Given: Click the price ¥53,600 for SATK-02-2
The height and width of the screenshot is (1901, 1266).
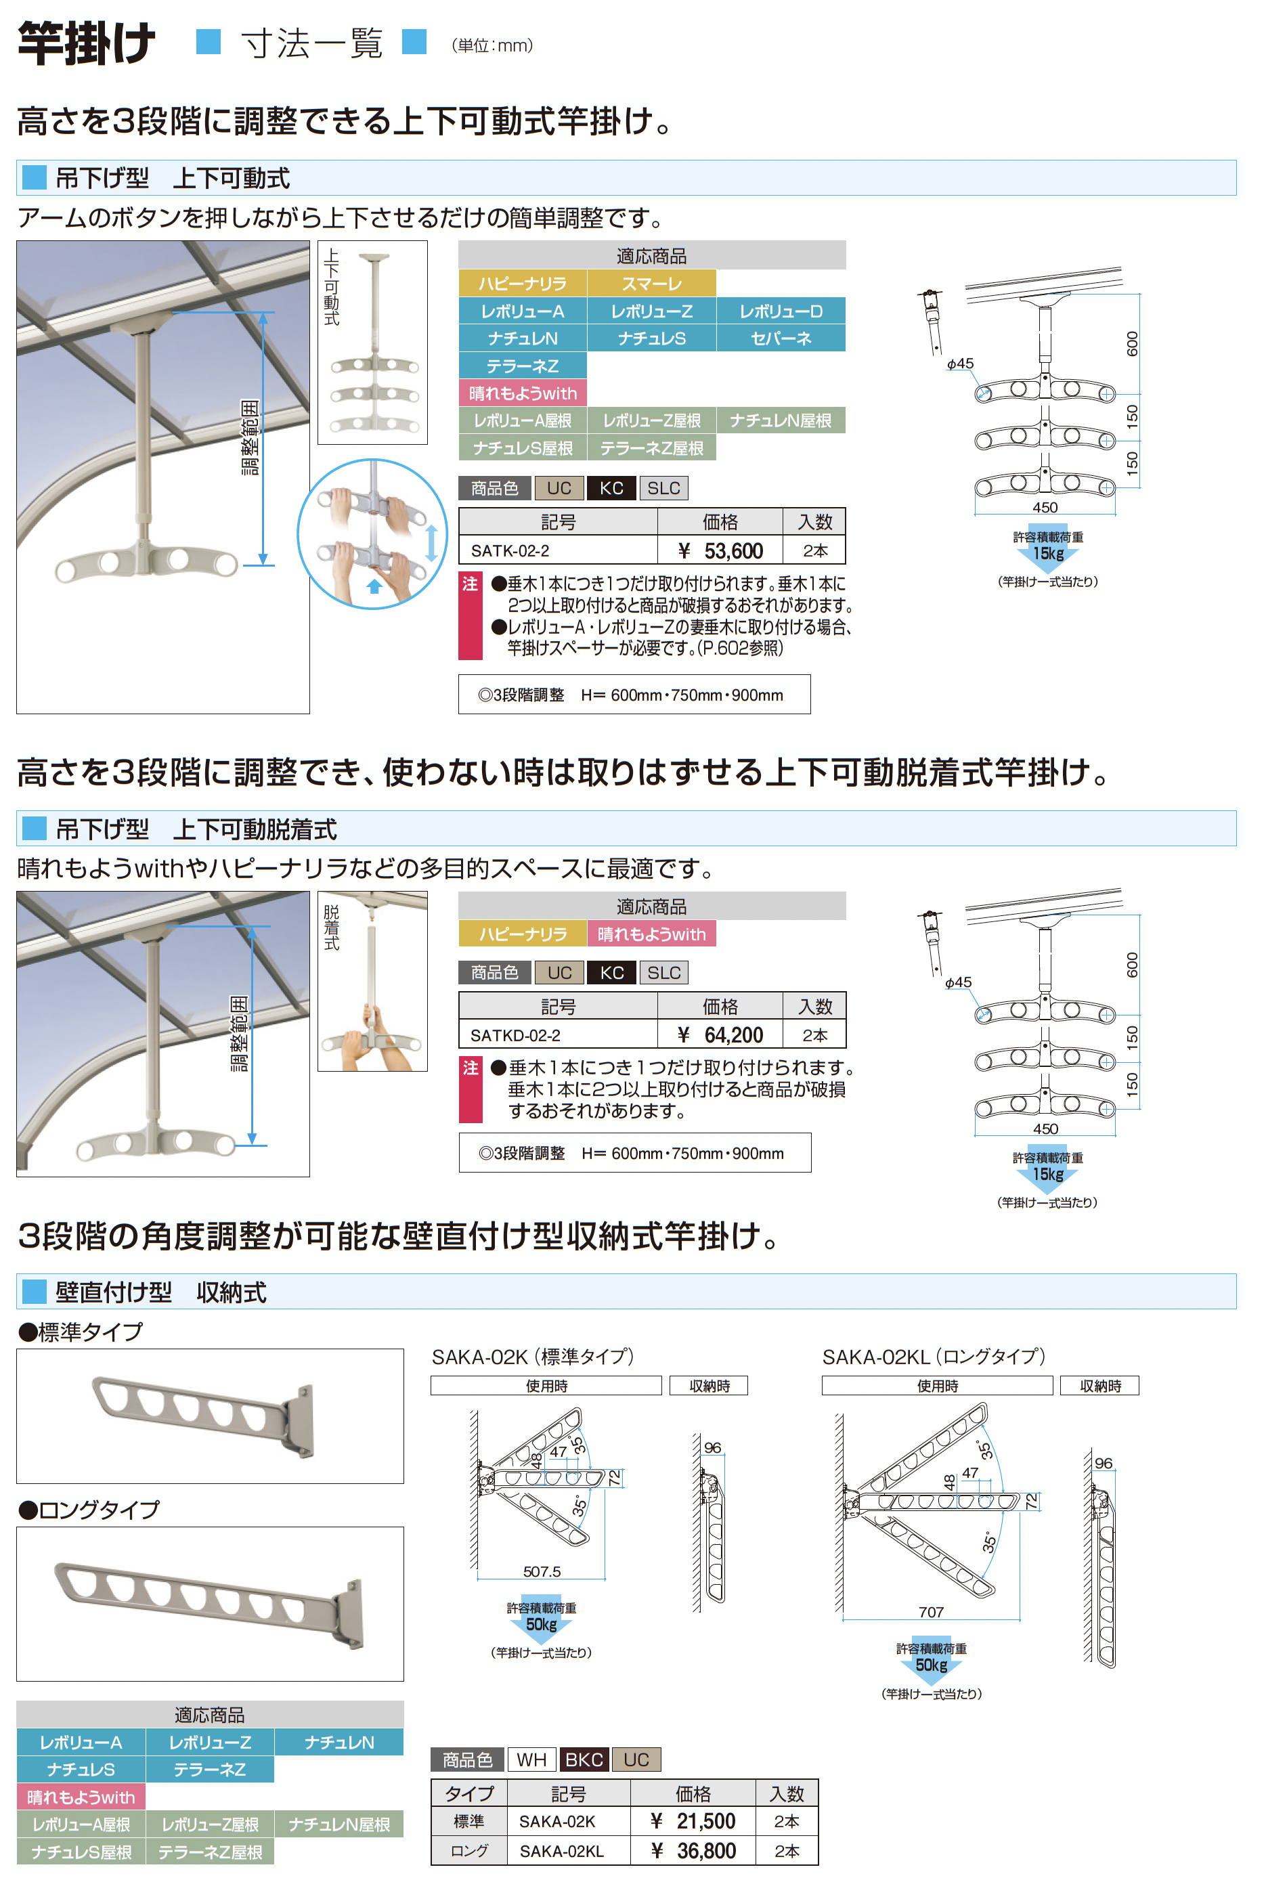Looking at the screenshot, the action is coord(720,550).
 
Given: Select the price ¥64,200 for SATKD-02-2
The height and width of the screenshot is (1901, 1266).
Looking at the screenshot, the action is coord(720,1035).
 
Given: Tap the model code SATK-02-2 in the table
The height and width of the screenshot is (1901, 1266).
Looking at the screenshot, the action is coord(510,550).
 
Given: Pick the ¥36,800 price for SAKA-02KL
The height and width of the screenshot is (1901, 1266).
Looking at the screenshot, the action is coord(693,1850).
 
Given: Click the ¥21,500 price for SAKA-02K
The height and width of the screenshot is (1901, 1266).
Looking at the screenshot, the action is coord(693,1820).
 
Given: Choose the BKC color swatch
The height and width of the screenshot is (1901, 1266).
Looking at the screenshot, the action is coord(584,1759).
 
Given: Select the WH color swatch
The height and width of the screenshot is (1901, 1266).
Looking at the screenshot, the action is coord(531,1759).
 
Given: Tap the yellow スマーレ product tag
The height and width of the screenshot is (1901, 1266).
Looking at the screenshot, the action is coord(651,284).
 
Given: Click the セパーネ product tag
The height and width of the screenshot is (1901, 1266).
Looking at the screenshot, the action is coord(781,338).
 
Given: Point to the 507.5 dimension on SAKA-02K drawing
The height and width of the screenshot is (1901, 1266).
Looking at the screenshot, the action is coord(541,1571).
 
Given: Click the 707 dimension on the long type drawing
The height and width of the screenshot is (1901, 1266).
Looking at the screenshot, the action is coord(931,1611).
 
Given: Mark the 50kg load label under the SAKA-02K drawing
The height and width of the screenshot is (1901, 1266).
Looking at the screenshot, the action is coord(541,1623).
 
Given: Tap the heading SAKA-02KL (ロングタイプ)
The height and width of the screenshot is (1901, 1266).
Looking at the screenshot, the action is coord(934,1356).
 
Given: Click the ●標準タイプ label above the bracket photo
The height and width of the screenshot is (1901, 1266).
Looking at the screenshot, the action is coord(81,1331).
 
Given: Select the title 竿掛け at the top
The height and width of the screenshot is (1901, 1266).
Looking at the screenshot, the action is coord(87,43).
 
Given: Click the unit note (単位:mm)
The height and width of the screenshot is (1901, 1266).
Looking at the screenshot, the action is coord(492,45).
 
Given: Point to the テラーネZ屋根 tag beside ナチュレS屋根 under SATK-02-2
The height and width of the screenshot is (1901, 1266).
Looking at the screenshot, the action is coord(651,448).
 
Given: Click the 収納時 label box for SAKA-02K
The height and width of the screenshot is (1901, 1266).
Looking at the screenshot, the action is coord(709,1385).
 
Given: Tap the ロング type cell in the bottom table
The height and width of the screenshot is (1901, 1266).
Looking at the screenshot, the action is coord(469,1850).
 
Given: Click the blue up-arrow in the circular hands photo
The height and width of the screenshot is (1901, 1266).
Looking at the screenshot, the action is coord(374,586).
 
